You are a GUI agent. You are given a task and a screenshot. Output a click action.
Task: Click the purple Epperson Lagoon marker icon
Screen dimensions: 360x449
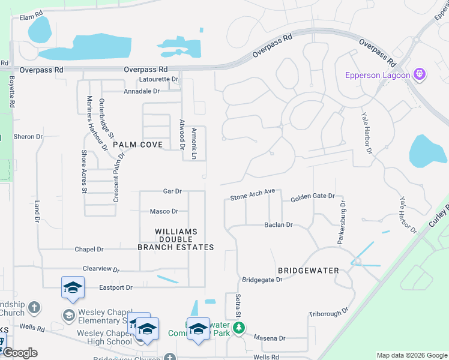[x=419, y=75]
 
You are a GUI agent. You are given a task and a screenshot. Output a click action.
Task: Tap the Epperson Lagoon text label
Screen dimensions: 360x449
[x=378, y=75]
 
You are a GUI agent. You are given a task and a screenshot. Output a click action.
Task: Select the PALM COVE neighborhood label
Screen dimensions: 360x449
[x=137, y=145]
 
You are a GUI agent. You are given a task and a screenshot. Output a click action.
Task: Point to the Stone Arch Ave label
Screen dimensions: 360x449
[x=252, y=196]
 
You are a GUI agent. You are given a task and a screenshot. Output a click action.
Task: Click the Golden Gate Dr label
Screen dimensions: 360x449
[x=312, y=197]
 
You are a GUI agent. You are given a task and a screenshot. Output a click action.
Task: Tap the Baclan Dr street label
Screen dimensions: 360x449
[x=278, y=225]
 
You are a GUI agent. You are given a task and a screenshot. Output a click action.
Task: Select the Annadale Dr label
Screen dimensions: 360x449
[x=142, y=91]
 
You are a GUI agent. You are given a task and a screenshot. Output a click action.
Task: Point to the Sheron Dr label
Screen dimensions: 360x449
[x=28, y=137]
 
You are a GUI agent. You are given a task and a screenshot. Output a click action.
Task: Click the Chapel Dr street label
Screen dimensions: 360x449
[x=89, y=249]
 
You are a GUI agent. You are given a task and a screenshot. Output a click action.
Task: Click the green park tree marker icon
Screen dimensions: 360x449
[x=239, y=328]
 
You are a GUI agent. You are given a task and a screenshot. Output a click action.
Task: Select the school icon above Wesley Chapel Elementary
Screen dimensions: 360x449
[x=73, y=287]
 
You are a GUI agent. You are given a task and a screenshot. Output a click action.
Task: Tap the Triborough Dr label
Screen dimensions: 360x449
[x=328, y=313]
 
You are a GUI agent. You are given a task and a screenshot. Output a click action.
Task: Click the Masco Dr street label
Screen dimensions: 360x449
[x=164, y=211]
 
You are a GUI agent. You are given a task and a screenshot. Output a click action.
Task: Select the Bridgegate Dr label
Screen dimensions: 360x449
[x=262, y=280]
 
